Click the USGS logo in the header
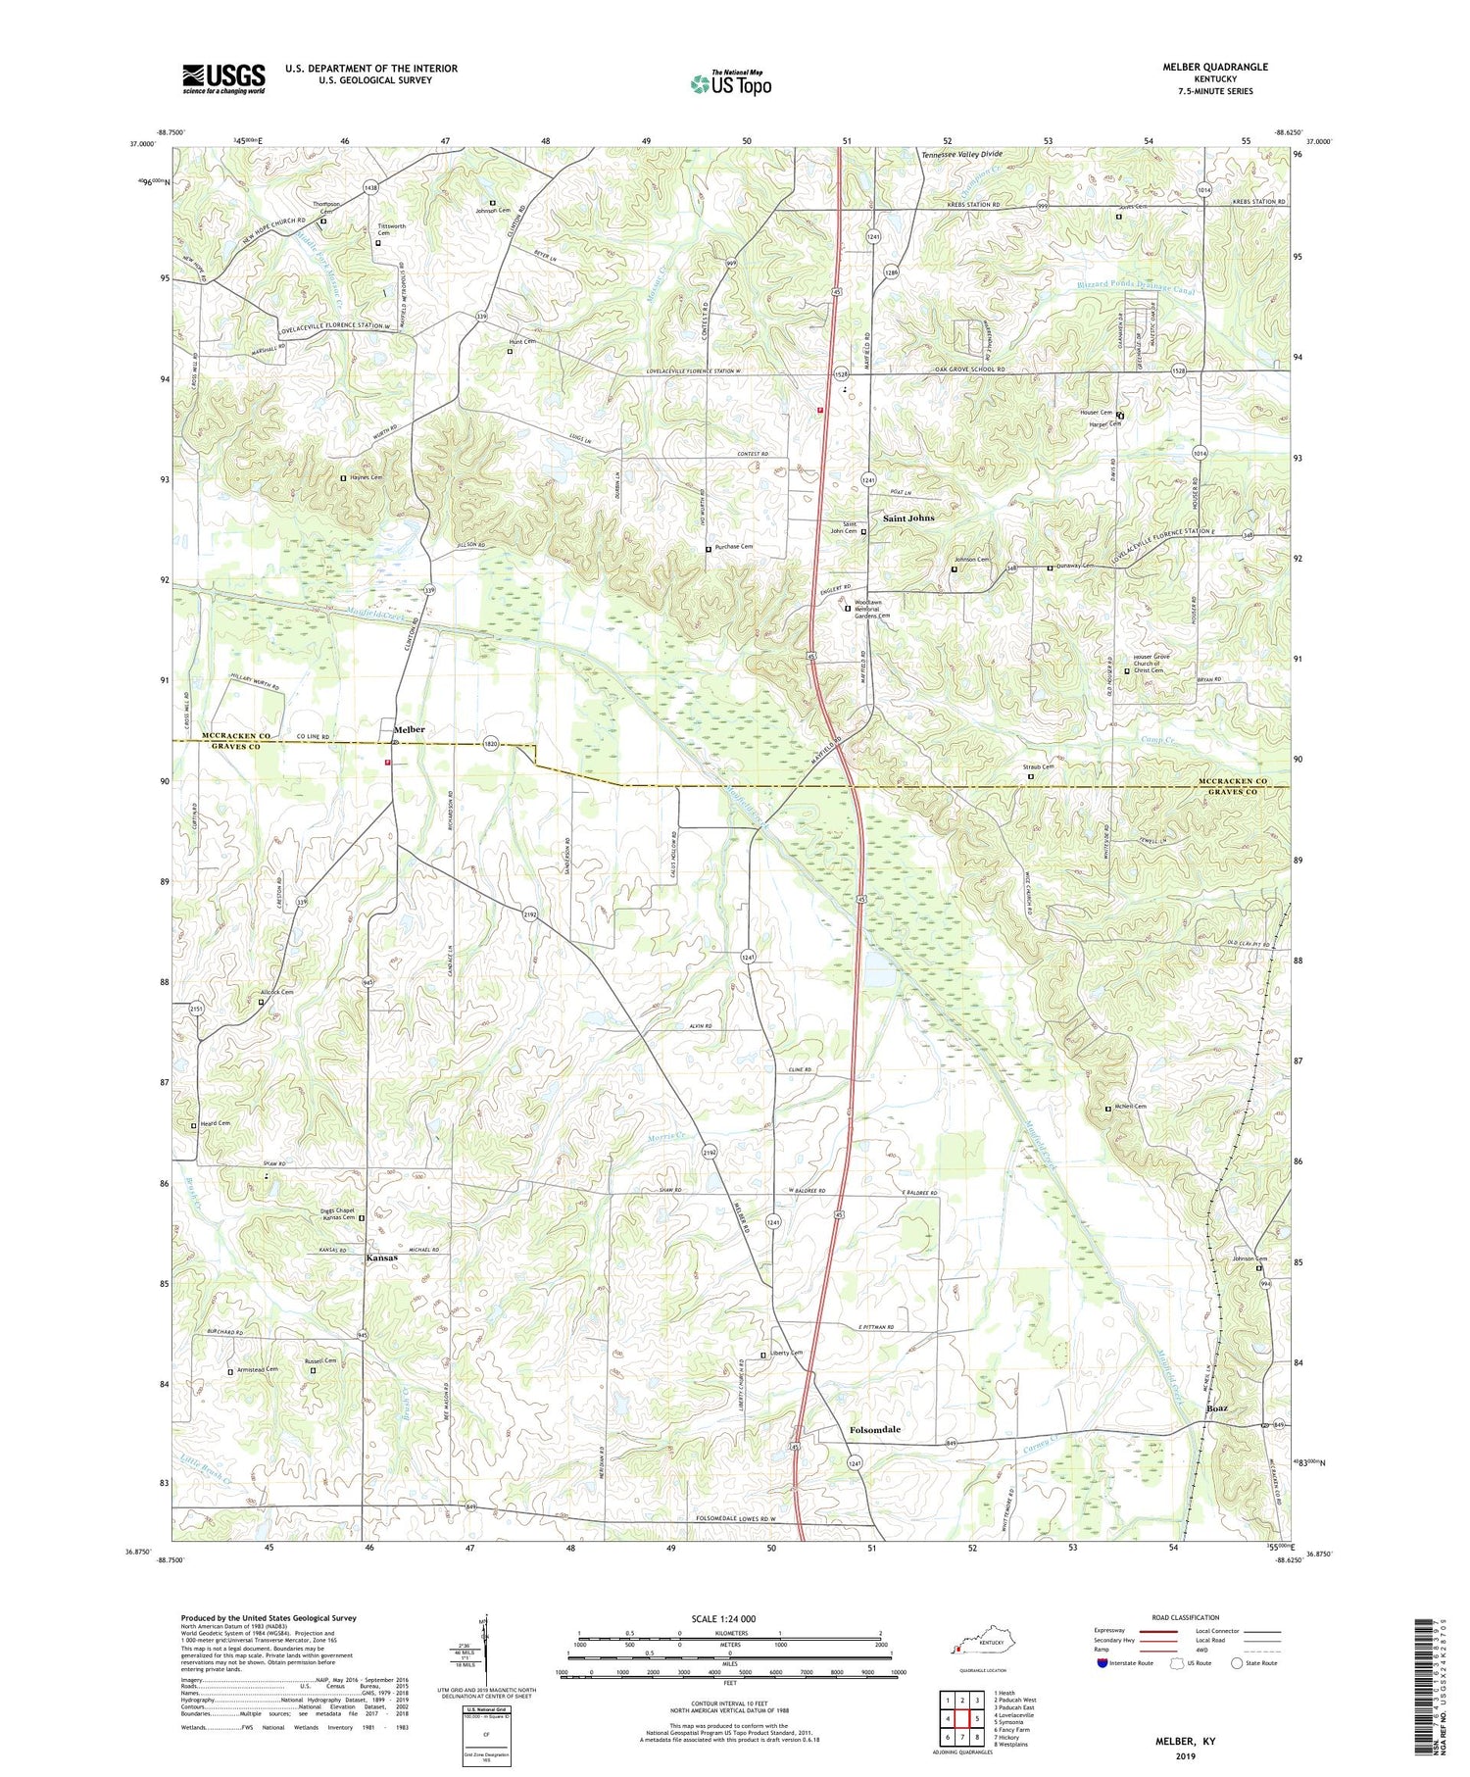pos(223,78)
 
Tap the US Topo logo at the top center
pos(730,84)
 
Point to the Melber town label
pos(410,729)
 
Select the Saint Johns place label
pos(908,518)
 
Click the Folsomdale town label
pos(873,1430)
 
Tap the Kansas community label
pos(381,1258)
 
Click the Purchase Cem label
pos(734,547)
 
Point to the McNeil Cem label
pos(1130,1107)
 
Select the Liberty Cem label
pos(786,1354)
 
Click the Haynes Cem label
pos(365,477)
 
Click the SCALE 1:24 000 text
pos(730,1618)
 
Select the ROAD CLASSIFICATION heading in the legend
pos(1186,1617)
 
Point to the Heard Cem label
pos(216,1123)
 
